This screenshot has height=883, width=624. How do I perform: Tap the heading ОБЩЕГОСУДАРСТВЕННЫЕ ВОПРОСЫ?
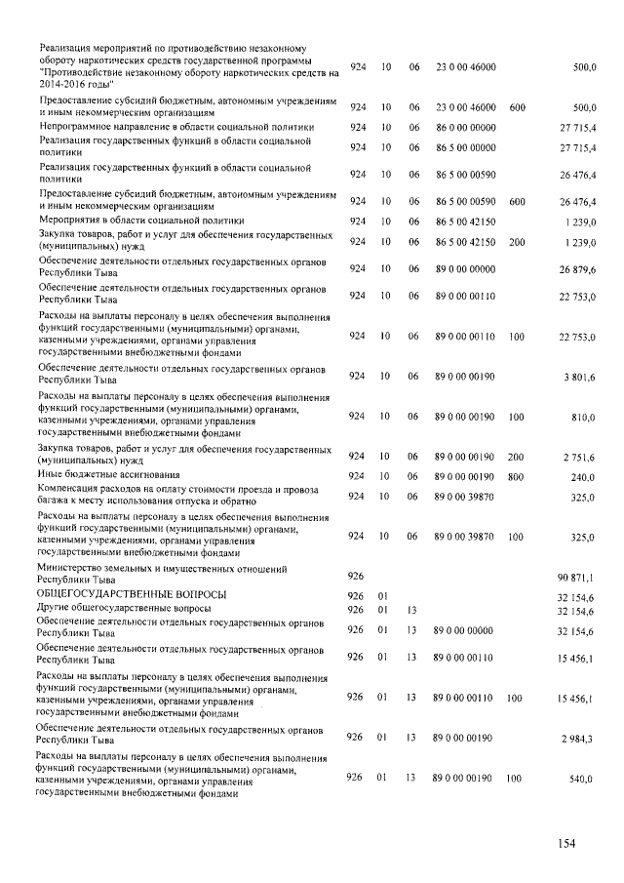(x=131, y=594)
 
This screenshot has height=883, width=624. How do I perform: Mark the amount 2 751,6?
(x=579, y=457)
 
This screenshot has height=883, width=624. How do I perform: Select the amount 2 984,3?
(x=579, y=740)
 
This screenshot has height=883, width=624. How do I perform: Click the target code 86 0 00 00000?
(x=466, y=127)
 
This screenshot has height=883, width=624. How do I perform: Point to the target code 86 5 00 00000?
(x=466, y=147)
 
